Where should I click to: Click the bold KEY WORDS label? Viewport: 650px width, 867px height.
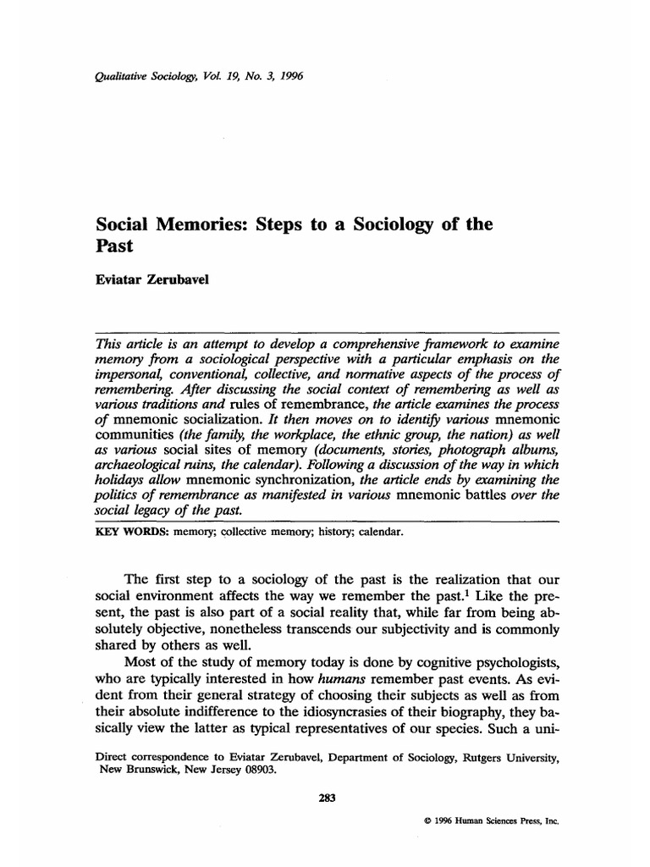tap(124, 533)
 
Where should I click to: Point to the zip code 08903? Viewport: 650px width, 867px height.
tap(257, 770)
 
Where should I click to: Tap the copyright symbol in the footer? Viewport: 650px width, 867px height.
tap(422, 821)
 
